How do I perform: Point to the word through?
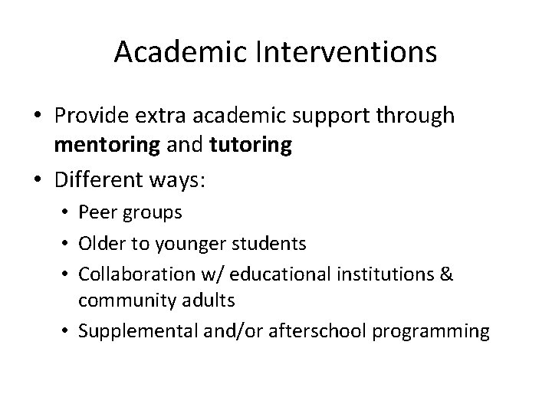click(x=418, y=117)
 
